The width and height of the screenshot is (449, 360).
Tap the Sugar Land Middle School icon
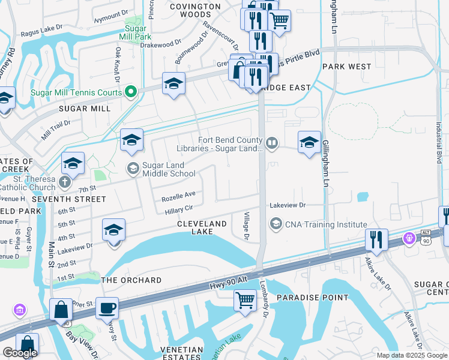[132, 169]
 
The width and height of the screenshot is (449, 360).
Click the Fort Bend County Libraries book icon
[272, 142]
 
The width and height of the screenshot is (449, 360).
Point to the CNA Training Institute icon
[276, 224]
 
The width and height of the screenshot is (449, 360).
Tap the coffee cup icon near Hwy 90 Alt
[107, 308]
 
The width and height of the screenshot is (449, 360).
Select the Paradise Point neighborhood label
[312, 297]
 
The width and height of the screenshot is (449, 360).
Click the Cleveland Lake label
[202, 228]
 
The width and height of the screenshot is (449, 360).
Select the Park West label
[346, 66]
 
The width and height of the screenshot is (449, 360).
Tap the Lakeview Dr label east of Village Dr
[288, 205]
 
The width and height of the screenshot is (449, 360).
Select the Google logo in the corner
[20, 353]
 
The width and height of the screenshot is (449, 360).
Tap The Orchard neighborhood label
[131, 280]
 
